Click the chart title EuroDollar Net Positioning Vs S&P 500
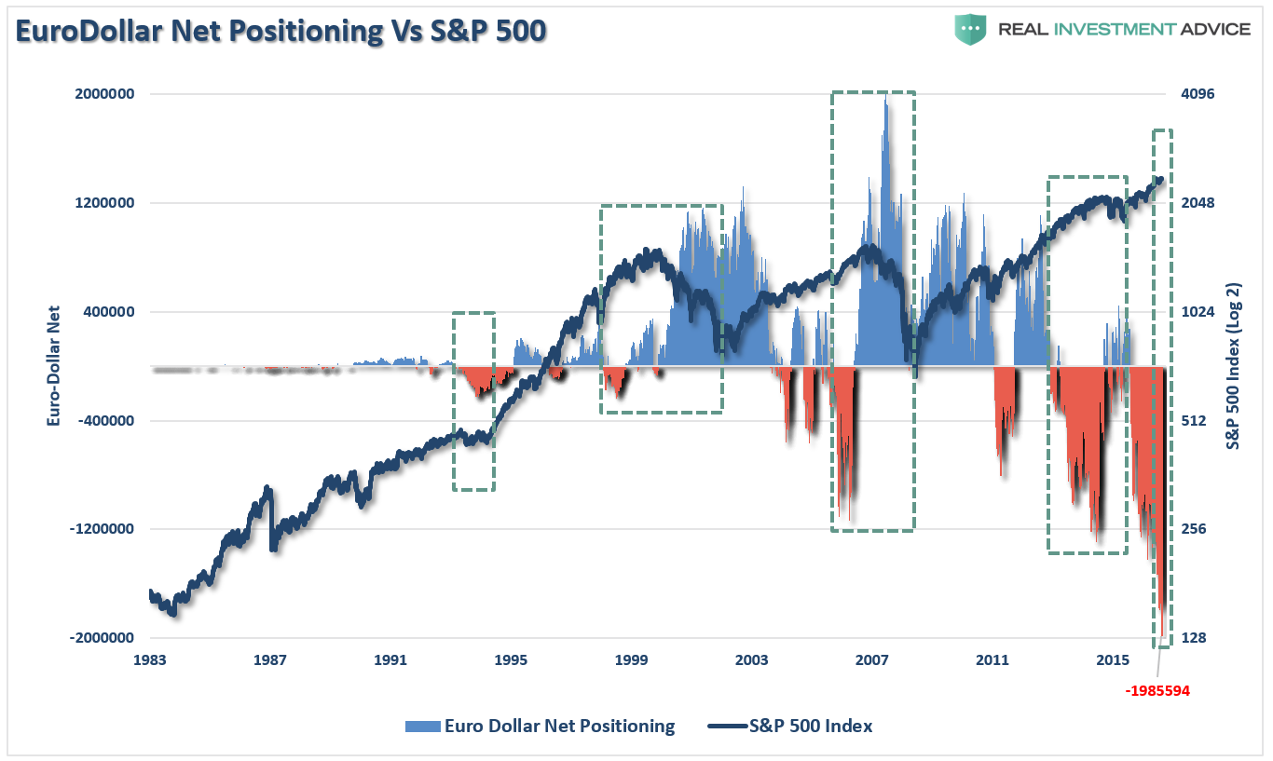click(x=281, y=31)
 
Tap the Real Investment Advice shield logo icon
click(x=970, y=29)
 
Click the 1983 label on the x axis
click(x=150, y=661)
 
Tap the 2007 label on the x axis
click(x=872, y=661)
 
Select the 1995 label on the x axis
click(x=512, y=661)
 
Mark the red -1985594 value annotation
click(x=1157, y=691)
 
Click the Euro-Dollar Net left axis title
click(x=53, y=366)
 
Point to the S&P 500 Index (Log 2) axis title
click(x=1233, y=366)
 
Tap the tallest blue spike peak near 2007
click(x=885, y=97)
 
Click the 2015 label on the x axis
click(x=1114, y=661)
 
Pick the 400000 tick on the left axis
click(x=105, y=312)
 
